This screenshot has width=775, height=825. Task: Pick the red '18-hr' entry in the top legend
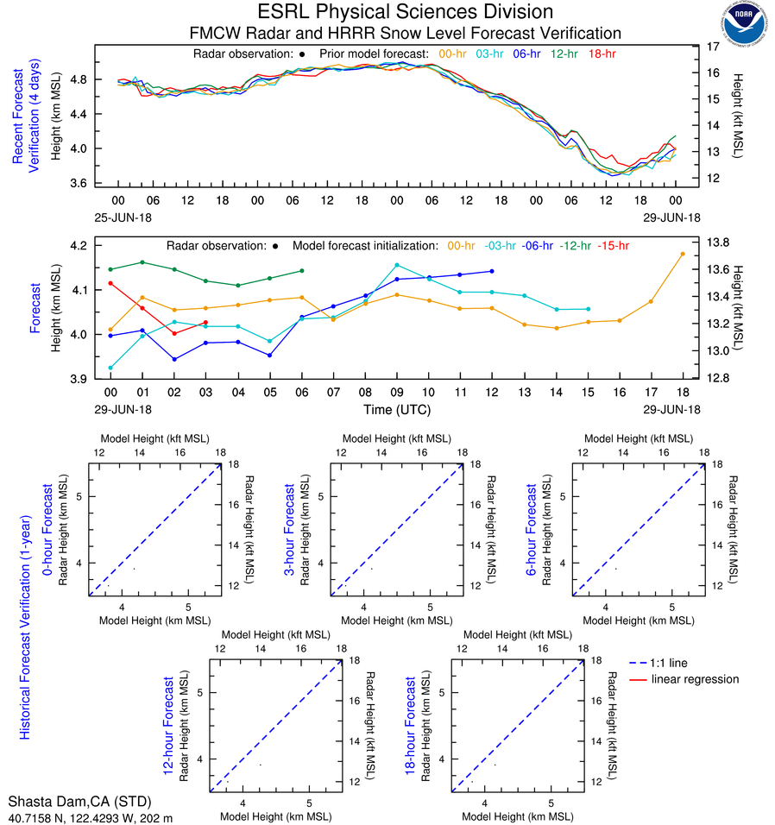tap(602, 54)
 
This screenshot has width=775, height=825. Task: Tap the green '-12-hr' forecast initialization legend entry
tap(577, 245)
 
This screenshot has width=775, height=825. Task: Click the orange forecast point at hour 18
tap(683, 254)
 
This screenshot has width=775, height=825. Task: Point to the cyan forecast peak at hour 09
tap(396, 265)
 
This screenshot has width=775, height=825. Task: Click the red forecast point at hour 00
tap(110, 283)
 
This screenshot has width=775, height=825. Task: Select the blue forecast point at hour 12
tap(492, 271)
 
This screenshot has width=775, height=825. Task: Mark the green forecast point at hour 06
tap(301, 271)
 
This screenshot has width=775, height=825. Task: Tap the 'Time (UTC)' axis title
tap(396, 409)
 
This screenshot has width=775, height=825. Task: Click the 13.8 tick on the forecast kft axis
tap(718, 242)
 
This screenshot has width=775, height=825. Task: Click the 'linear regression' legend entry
tap(695, 679)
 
